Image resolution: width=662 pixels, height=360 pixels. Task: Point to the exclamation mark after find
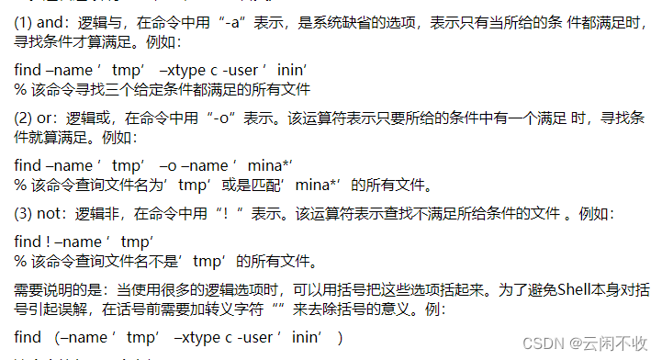coord(47,241)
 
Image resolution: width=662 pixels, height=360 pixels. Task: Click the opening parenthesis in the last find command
coord(57,338)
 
